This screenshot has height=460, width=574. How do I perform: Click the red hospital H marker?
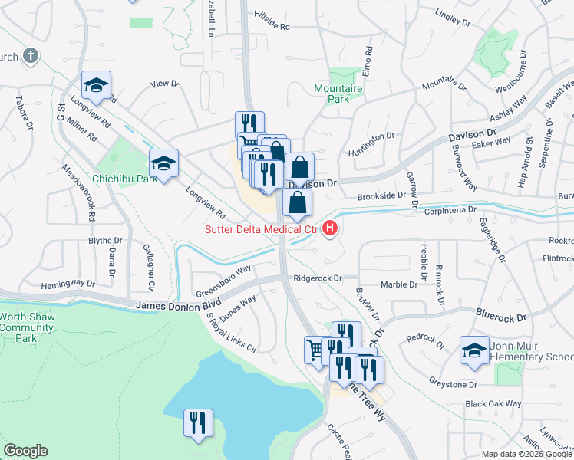(x=331, y=228)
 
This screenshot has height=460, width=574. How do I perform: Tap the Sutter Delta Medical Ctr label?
(x=261, y=229)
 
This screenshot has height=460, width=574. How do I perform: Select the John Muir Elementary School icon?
(x=474, y=350)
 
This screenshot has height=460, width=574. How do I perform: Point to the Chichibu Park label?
(x=124, y=179)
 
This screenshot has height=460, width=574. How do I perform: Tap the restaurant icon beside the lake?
(x=199, y=423)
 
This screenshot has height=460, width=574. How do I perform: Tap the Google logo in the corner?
(x=25, y=450)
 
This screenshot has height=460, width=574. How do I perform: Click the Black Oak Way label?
(x=493, y=403)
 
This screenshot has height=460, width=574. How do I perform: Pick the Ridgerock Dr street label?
(x=315, y=278)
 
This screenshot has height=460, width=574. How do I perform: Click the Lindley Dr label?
(x=451, y=13)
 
